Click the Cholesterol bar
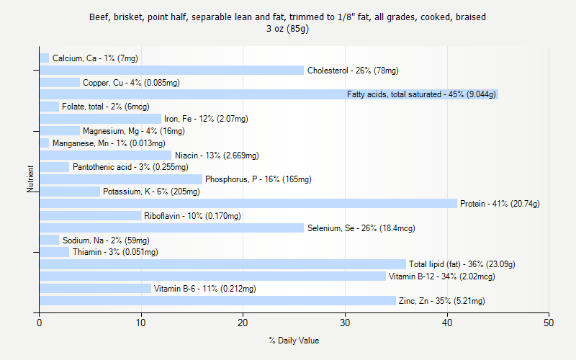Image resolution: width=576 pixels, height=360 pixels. [x=171, y=71]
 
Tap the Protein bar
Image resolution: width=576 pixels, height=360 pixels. [x=248, y=204]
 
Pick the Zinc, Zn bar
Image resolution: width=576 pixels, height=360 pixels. [x=217, y=301]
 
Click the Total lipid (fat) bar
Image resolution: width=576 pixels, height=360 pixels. [x=222, y=264]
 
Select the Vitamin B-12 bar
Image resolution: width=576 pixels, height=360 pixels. [x=212, y=276]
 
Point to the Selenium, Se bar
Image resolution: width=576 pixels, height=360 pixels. [x=171, y=228]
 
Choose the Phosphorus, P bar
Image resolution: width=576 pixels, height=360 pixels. [x=120, y=179]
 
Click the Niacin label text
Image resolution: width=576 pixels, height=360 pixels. [x=217, y=156]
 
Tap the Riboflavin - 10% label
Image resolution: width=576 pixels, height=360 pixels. [x=192, y=216]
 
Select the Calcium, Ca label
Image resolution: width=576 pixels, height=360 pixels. [x=95, y=58]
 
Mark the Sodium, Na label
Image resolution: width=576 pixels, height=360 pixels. [x=106, y=240]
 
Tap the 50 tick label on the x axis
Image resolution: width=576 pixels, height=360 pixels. [x=549, y=323]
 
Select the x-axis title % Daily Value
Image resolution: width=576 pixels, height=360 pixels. [x=294, y=341]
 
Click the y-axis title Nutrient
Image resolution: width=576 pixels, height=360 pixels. [x=30, y=179]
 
